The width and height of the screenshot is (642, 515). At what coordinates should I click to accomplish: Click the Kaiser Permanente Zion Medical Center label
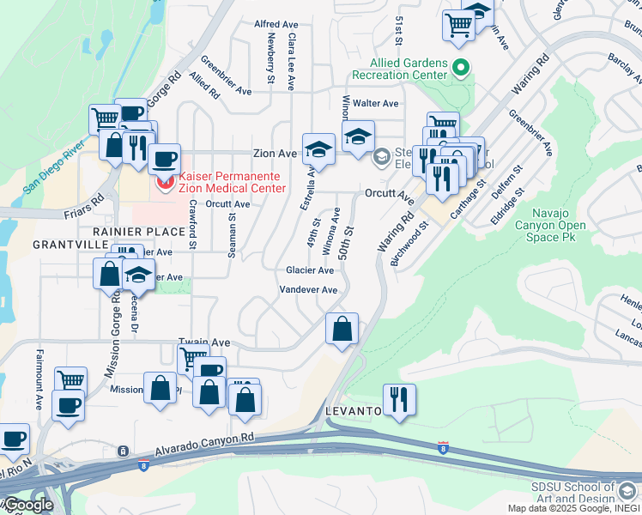[220, 182]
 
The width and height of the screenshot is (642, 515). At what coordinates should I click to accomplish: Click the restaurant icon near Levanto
[400, 400]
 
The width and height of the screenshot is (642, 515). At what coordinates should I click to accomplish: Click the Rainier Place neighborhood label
[139, 232]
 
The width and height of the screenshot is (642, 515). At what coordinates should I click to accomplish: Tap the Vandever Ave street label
[308, 290]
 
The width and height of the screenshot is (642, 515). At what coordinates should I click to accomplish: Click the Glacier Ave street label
[310, 270]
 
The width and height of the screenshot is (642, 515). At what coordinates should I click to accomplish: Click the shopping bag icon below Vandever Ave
[342, 329]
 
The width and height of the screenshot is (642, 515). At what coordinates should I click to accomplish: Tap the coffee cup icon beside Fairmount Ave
[68, 405]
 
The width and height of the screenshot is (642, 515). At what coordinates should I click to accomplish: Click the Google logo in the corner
[28, 505]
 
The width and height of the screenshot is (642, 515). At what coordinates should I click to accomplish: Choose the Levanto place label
[354, 412]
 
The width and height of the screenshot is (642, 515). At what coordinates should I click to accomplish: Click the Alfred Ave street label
[276, 24]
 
